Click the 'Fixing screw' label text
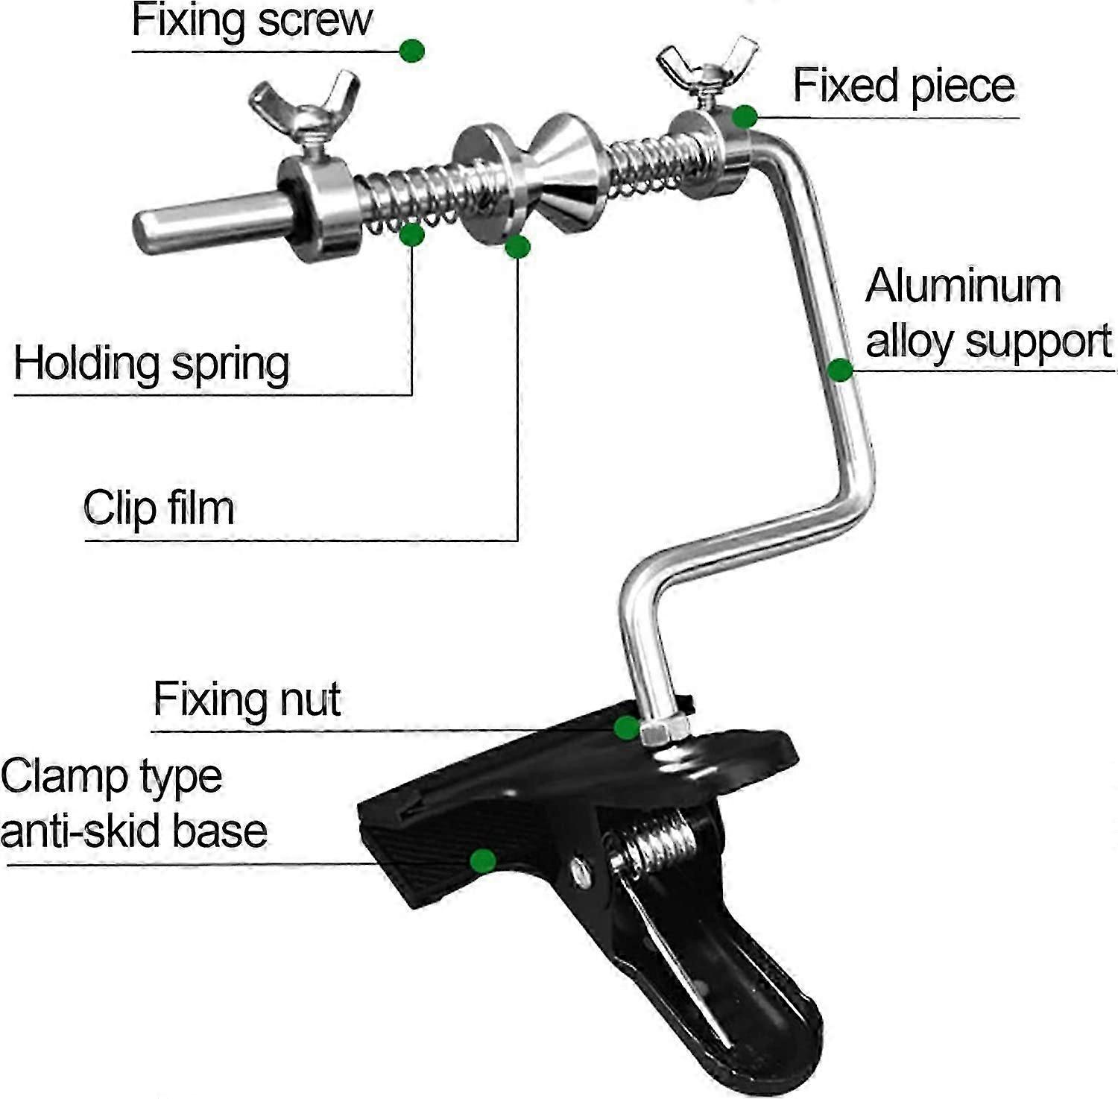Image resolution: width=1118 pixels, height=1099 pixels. pyautogui.click(x=251, y=20)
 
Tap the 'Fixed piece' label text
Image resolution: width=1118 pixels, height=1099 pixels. pyautogui.click(x=903, y=86)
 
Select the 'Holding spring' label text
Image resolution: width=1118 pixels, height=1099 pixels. pyautogui.click(x=151, y=365)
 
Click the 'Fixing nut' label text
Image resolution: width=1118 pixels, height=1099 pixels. pyautogui.click(x=247, y=699)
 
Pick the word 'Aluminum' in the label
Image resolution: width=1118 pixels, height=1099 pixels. pyautogui.click(x=962, y=286)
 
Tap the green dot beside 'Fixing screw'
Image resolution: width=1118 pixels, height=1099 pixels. pyautogui.click(x=412, y=51)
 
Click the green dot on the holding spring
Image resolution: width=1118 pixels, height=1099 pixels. pyautogui.click(x=411, y=234)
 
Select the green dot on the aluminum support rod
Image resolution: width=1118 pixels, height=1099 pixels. pyautogui.click(x=840, y=369)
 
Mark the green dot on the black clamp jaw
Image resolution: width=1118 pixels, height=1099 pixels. pyautogui.click(x=483, y=861)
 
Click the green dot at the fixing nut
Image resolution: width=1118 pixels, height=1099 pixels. pyautogui.click(x=627, y=727)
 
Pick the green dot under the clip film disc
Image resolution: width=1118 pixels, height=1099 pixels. pyautogui.click(x=517, y=247)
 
